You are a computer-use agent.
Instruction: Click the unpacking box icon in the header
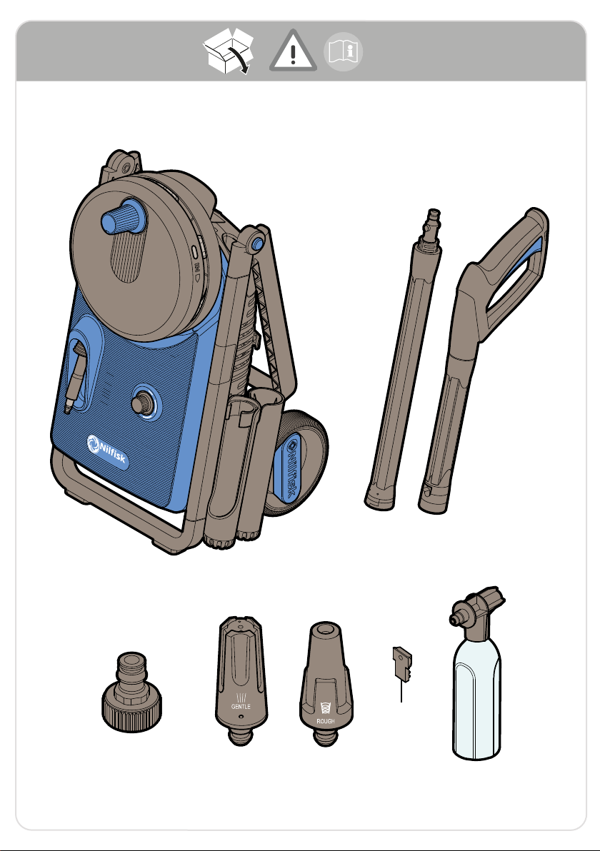(x=229, y=51)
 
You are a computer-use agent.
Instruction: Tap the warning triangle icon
(x=293, y=51)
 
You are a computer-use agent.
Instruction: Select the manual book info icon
(x=343, y=52)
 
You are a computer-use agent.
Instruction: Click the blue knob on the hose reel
(x=124, y=216)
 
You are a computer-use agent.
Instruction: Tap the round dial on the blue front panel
(x=144, y=403)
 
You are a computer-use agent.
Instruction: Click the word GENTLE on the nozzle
(x=241, y=707)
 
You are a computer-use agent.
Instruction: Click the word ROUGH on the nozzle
(x=325, y=721)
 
